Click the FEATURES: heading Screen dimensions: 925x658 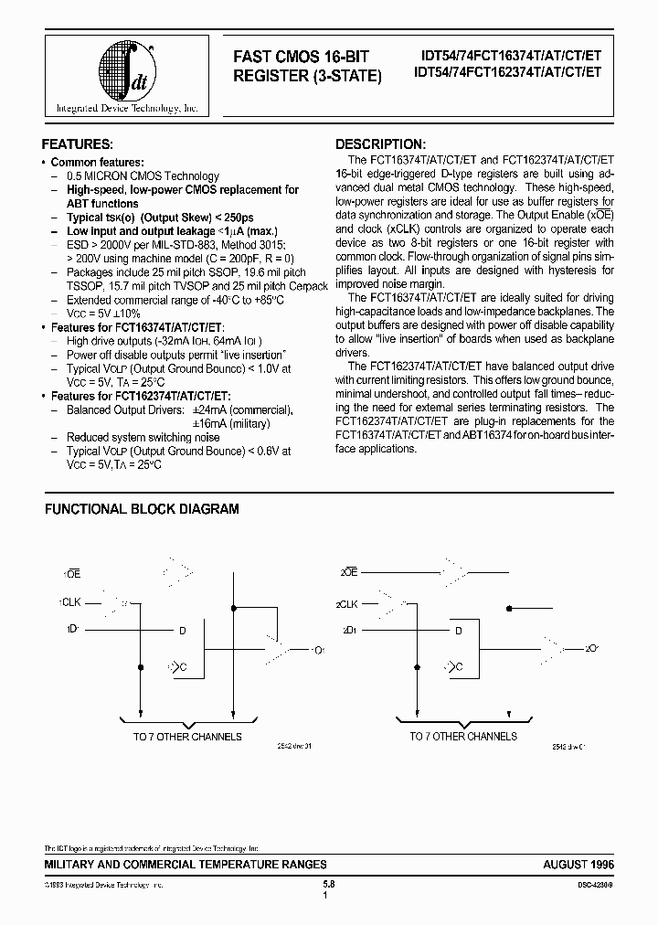click(79, 144)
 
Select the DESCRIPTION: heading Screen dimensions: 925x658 click(380, 144)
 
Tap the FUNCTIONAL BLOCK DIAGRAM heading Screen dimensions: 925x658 click(142, 509)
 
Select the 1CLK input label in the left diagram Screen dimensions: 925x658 click(71, 602)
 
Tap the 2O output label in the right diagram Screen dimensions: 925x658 click(592, 648)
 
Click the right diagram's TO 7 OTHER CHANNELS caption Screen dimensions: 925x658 click(463, 736)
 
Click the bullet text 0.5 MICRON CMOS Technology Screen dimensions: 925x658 click(143, 176)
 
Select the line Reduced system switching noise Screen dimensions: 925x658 click(143, 438)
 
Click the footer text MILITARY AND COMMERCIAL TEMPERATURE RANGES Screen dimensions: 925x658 click(186, 864)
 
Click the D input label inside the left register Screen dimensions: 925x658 click(183, 631)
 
